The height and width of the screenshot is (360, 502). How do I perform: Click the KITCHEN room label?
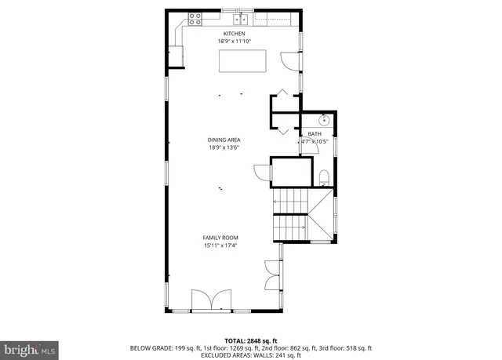(235, 34)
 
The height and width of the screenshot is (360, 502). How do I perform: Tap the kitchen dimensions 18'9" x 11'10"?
(235, 41)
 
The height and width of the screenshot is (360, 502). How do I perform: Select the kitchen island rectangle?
(242, 60)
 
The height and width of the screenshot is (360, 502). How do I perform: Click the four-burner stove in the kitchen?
(195, 19)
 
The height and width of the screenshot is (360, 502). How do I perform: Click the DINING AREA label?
(224, 140)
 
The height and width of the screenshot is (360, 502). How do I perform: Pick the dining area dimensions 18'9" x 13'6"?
(224, 147)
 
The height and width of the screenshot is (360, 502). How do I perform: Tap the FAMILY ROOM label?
(220, 238)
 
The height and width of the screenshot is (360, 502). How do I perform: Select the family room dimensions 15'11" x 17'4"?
(220, 245)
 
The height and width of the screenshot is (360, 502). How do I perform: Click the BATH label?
(315, 134)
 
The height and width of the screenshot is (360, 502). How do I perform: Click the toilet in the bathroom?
(324, 176)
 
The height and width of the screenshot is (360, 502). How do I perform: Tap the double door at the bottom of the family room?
(213, 300)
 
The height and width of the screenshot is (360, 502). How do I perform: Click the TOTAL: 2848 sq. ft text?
(251, 340)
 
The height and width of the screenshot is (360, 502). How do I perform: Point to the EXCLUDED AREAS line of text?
(251, 355)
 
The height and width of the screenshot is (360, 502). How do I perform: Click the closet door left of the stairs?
(261, 171)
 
